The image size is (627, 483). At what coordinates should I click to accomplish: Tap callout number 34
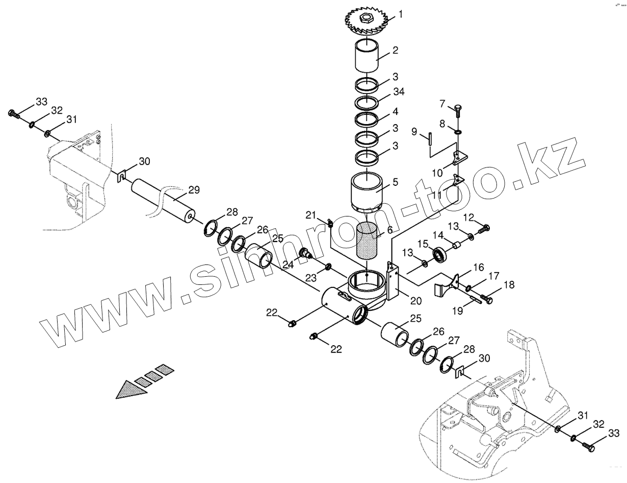point(398,92)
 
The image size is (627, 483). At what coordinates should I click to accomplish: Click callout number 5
point(396,182)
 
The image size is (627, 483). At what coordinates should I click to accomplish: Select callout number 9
point(415,132)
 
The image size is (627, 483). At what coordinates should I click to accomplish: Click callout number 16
point(478,268)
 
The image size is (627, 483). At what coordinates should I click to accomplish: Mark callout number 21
point(311,215)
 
